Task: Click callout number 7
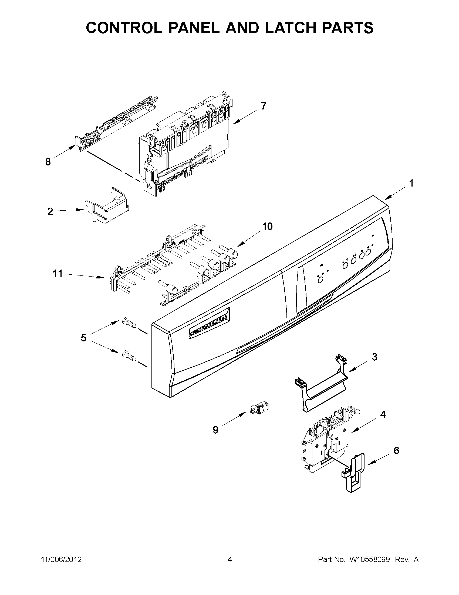[x=263, y=106]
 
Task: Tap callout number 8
[x=48, y=162]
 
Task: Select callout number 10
[x=267, y=226]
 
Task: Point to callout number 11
[x=58, y=273]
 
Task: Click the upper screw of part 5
[x=129, y=323]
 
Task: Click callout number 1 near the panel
[x=411, y=183]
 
